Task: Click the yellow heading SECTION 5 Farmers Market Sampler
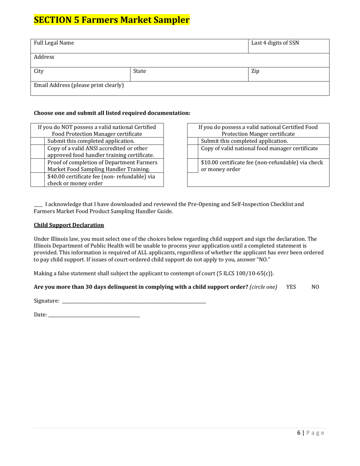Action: coord(112,20)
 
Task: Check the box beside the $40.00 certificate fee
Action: coord(38,180)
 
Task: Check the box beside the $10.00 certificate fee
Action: coord(193,166)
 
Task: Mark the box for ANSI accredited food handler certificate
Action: coord(38,152)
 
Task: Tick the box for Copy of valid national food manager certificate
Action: coord(193,152)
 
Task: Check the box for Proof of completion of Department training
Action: coord(38,166)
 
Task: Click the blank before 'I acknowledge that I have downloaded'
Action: coord(38,205)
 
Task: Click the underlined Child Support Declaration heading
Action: coord(69,225)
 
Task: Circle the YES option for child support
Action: coord(291,287)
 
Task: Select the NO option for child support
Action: coord(315,287)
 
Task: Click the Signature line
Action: coord(134,301)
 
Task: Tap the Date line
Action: coord(94,315)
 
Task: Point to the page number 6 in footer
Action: coord(299,433)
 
